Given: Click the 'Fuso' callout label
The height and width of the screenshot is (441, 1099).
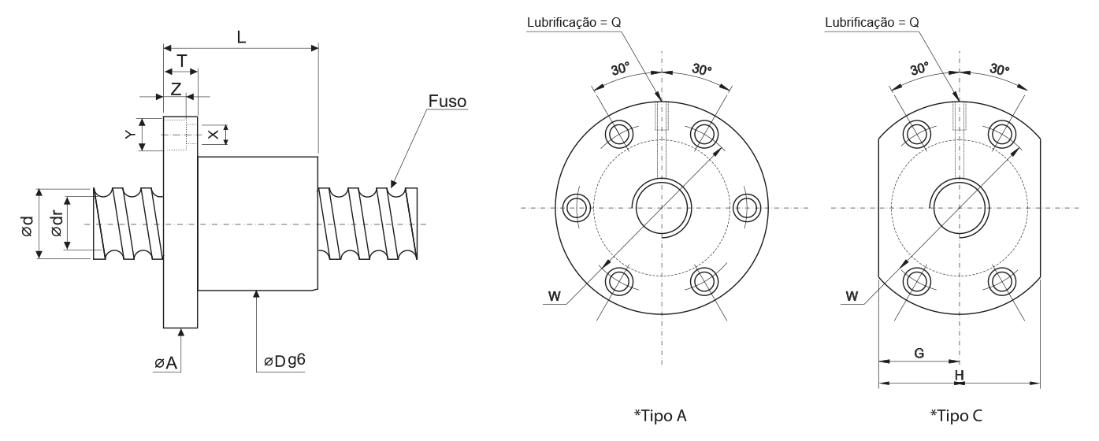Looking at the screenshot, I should [x=447, y=102].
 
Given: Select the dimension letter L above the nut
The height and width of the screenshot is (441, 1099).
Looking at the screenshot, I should [x=241, y=36].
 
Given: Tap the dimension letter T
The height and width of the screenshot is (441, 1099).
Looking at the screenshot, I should [x=181, y=61].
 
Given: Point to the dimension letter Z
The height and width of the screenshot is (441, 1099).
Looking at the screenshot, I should [x=176, y=88].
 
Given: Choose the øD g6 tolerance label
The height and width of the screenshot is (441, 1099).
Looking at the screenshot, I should [x=284, y=361].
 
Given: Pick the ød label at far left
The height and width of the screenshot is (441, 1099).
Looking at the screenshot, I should [x=27, y=227].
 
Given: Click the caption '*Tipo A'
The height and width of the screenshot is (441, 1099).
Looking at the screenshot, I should [x=660, y=416].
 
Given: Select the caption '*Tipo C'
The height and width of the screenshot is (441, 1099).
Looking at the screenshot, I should [x=956, y=416].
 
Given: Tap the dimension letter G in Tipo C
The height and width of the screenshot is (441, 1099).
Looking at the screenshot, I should [x=919, y=354].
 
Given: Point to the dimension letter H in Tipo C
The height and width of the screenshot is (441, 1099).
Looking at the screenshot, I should [x=959, y=376].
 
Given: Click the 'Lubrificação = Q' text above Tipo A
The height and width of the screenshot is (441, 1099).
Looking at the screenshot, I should [x=574, y=23].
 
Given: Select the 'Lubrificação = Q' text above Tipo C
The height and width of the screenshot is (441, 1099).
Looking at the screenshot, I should [x=871, y=23].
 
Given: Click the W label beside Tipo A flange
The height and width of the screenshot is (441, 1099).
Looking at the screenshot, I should [x=555, y=296].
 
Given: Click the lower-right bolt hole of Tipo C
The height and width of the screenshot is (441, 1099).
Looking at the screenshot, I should [x=1001, y=280].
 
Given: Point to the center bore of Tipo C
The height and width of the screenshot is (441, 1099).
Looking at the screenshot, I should [x=959, y=208].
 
